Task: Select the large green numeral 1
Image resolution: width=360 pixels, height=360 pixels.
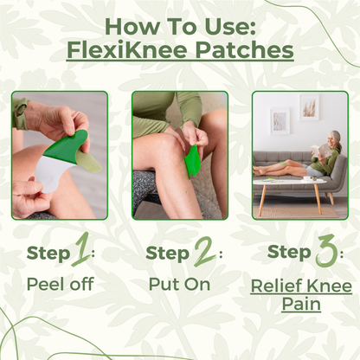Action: (x=81, y=253)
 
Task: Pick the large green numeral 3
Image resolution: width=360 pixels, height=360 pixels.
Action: (x=325, y=253)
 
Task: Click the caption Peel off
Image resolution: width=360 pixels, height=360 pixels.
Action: (x=60, y=285)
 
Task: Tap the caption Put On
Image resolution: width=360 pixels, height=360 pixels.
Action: (x=179, y=285)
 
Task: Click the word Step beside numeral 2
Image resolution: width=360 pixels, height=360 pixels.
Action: (x=167, y=254)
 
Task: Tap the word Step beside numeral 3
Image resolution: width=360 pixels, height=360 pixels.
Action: (x=289, y=253)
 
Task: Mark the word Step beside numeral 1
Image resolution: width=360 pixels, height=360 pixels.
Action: (x=48, y=254)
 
